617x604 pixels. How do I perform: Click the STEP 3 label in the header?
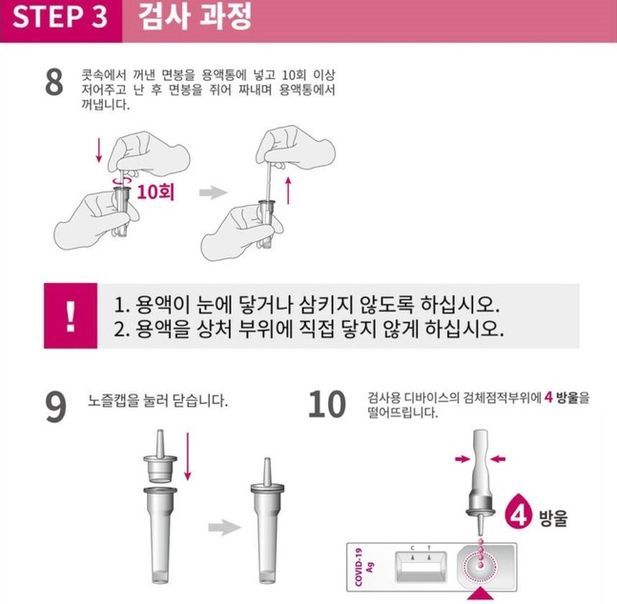pyautogui.click(x=60, y=16)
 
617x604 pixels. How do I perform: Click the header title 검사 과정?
pyautogui.click(x=195, y=16)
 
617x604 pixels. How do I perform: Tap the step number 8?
pyautogui.click(x=54, y=82)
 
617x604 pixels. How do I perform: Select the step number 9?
pyautogui.click(x=55, y=407)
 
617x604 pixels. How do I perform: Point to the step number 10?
pyautogui.click(x=327, y=404)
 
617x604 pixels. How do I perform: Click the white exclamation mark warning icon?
pyautogui.click(x=71, y=316)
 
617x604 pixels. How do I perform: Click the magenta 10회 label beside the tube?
pyautogui.click(x=155, y=191)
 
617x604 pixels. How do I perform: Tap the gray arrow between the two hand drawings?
pyautogui.click(x=214, y=192)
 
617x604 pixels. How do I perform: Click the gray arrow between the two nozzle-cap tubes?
pyautogui.click(x=225, y=528)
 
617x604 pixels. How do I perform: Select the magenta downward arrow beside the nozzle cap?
pyautogui.click(x=188, y=456)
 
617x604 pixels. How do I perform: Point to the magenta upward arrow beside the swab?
pyautogui.click(x=288, y=191)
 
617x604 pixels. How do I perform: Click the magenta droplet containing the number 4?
pyautogui.click(x=518, y=513)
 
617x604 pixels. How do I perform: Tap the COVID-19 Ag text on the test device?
pyautogui.click(x=364, y=567)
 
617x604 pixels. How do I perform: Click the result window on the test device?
pyautogui.click(x=421, y=567)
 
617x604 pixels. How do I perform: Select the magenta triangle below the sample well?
pyautogui.click(x=481, y=594)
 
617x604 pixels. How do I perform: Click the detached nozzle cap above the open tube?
pyautogui.click(x=160, y=457)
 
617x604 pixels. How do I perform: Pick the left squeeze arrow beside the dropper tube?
pyautogui.click(x=463, y=458)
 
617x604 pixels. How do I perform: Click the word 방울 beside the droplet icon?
pyautogui.click(x=553, y=518)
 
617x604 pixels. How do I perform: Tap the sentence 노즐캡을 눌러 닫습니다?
pyautogui.click(x=157, y=400)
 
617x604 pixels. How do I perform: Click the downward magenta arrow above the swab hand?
pyautogui.click(x=99, y=150)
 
